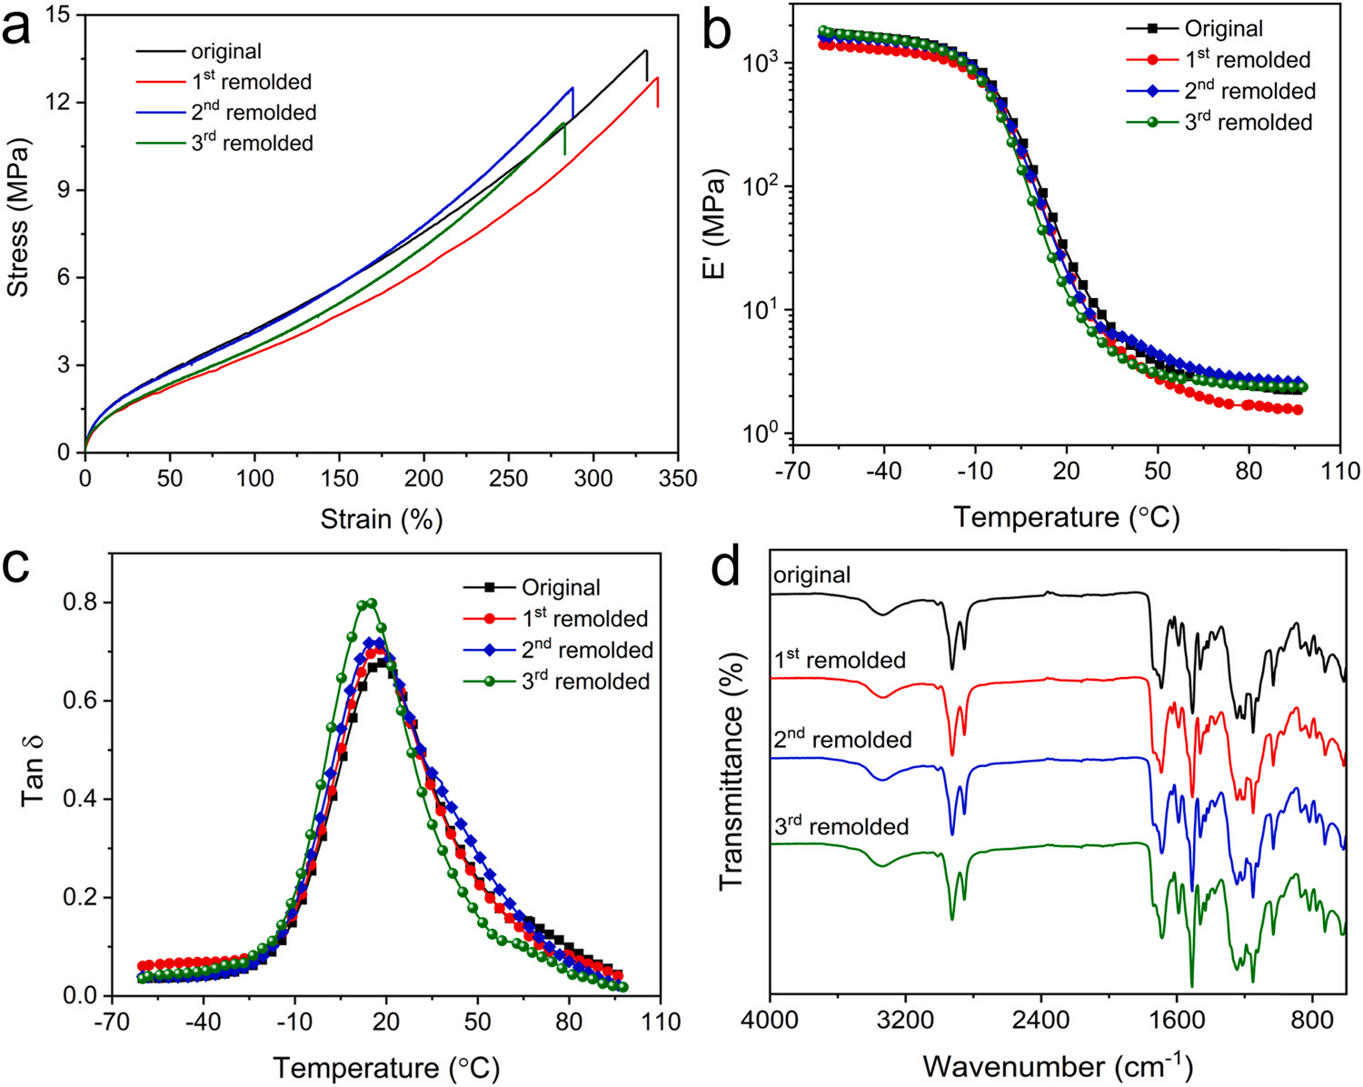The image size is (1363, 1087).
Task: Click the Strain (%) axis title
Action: click(x=382, y=520)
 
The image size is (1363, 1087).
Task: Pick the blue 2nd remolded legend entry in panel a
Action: click(x=253, y=113)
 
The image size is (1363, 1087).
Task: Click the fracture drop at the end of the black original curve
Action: click(x=647, y=65)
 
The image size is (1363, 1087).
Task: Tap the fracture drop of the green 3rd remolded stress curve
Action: click(x=565, y=139)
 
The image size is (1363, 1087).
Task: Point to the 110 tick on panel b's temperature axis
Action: click(x=1340, y=471)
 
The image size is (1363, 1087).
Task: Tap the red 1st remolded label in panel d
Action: click(x=841, y=659)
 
